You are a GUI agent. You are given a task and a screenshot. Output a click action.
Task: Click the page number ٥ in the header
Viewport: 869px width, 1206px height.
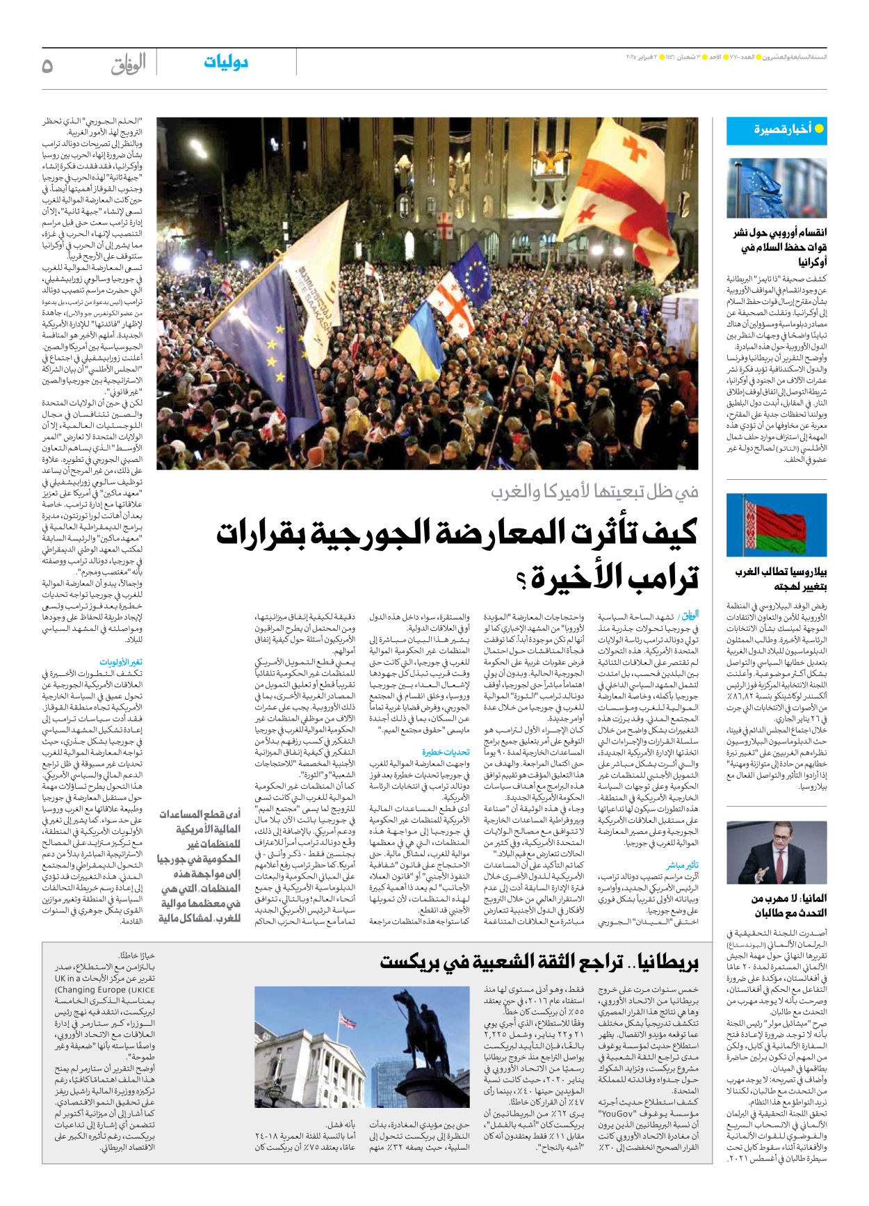tap(47, 66)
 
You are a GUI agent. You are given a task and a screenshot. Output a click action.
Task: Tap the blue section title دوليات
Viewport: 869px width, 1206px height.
tap(226, 63)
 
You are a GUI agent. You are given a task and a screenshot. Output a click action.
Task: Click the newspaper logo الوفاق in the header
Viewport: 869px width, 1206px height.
tap(128, 64)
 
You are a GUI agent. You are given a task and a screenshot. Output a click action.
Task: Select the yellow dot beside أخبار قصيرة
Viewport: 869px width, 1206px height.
tap(819, 129)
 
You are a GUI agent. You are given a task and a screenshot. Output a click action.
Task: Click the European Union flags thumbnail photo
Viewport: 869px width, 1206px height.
tap(777, 188)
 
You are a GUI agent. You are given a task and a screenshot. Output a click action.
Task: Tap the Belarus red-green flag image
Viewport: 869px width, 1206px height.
tap(777, 524)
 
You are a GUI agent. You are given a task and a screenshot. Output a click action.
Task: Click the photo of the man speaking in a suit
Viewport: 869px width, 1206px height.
tap(777, 852)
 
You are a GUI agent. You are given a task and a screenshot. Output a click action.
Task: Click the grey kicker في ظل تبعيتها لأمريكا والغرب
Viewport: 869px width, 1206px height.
tap(594, 491)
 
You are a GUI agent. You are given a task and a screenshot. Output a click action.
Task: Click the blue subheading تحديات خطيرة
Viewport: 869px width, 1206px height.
tap(446, 752)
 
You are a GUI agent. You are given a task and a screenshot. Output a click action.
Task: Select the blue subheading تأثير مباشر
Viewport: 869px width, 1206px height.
tap(682, 865)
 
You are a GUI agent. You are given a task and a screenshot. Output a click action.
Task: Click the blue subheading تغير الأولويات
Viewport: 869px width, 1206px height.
tap(121, 662)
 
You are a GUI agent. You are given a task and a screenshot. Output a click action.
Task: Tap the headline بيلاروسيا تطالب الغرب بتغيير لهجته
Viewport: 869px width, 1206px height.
tap(781, 579)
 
